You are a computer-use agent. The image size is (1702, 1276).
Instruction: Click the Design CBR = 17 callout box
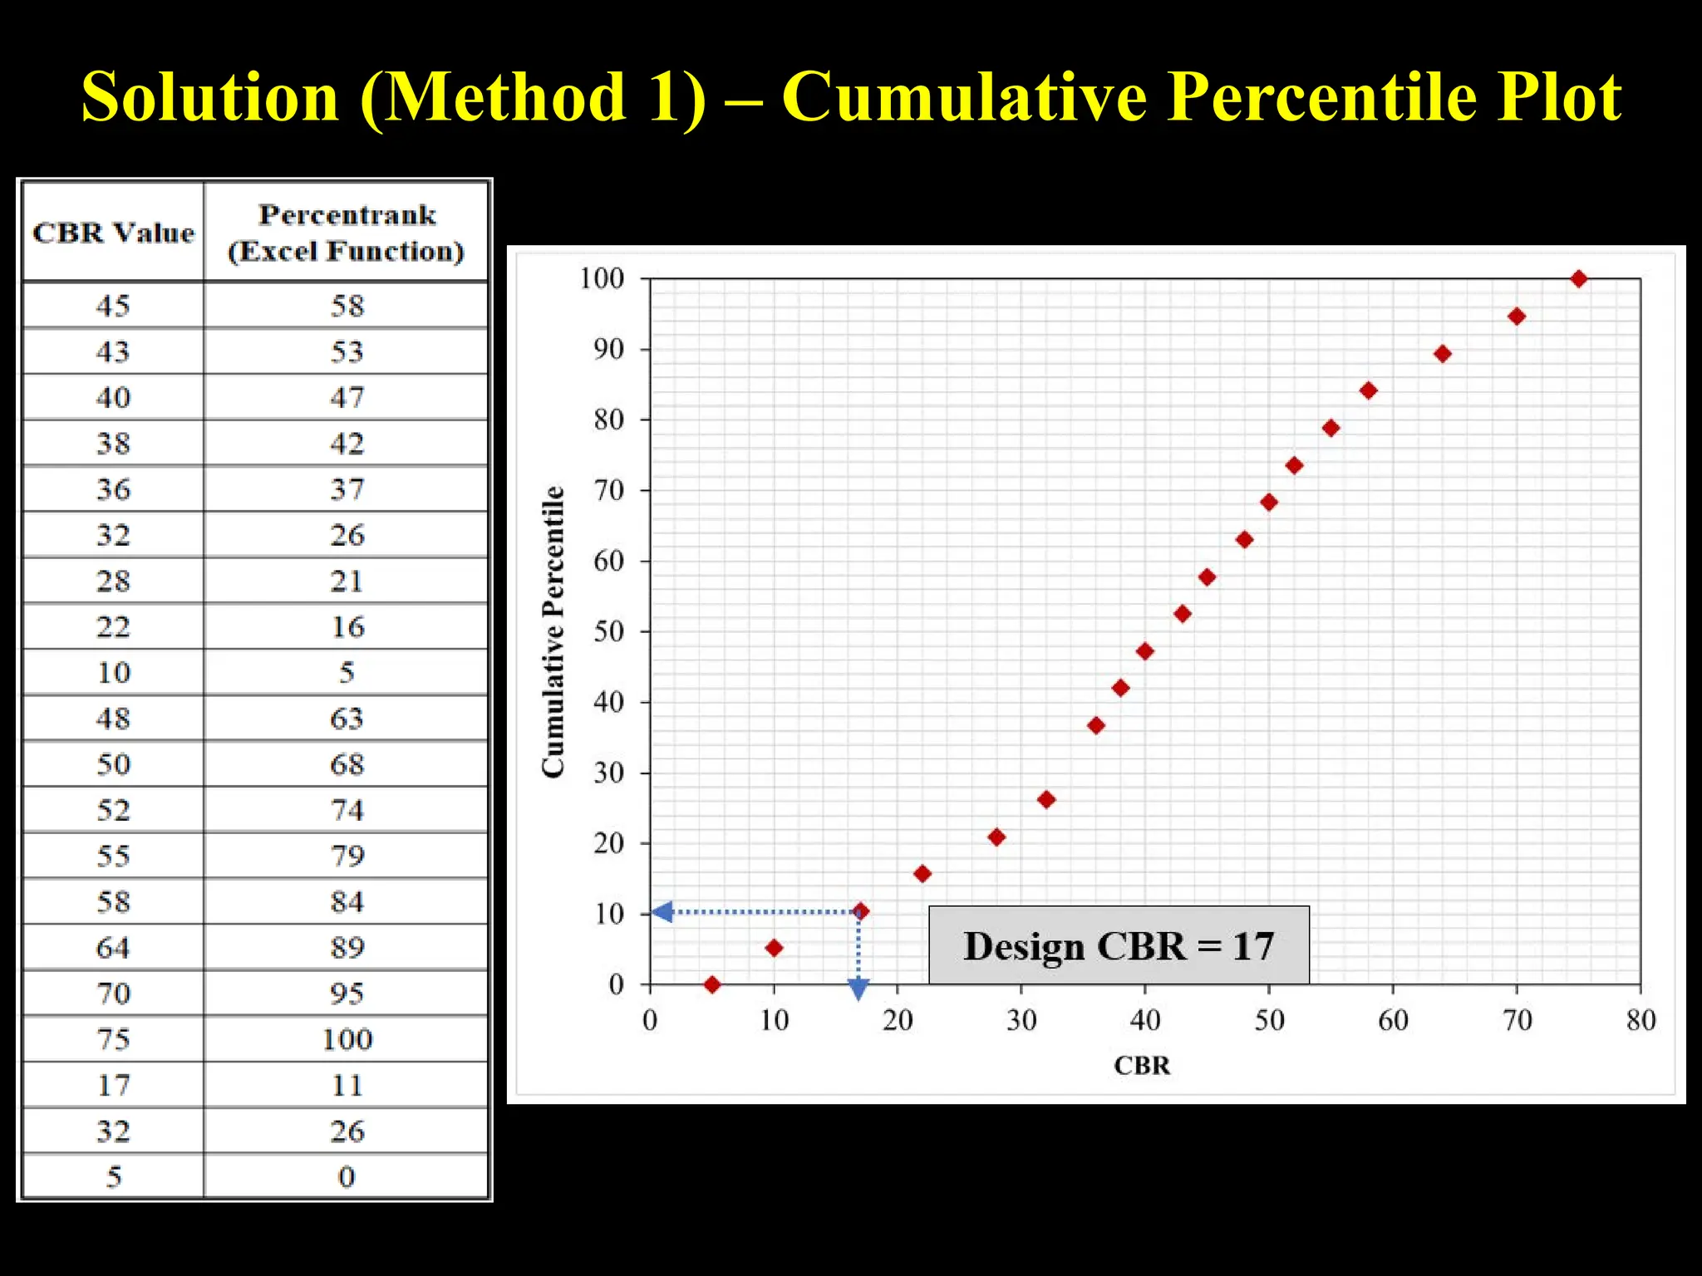pos(1119,945)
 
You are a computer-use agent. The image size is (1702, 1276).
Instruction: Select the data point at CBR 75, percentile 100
pos(1579,279)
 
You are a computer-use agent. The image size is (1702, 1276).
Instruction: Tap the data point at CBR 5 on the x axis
pos(712,984)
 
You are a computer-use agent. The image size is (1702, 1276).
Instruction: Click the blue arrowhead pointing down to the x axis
pos(858,989)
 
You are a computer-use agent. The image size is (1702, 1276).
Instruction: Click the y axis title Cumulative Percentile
pos(553,631)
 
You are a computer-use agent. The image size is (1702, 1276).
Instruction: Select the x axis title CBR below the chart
pos(1142,1065)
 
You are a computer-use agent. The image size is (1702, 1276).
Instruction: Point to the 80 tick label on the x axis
pos(1641,1020)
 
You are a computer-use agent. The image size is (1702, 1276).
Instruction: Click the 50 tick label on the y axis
pos(608,631)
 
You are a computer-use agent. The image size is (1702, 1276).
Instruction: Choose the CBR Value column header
pos(114,233)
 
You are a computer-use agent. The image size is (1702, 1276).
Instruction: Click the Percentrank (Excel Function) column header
pos(347,233)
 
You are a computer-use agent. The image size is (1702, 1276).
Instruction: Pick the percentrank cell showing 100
pos(347,1039)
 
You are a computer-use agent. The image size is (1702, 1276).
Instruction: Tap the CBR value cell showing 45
pos(114,306)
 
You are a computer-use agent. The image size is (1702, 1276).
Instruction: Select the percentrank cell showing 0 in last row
pos(347,1176)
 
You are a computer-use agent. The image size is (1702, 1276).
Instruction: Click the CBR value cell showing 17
pos(114,1085)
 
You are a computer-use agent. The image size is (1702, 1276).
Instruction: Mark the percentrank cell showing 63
pos(347,719)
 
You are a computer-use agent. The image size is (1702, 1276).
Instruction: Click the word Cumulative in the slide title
pos(965,97)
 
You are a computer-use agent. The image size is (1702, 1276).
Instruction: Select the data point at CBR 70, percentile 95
pos(1517,317)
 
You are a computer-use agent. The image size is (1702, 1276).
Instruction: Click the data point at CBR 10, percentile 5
pos(774,948)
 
